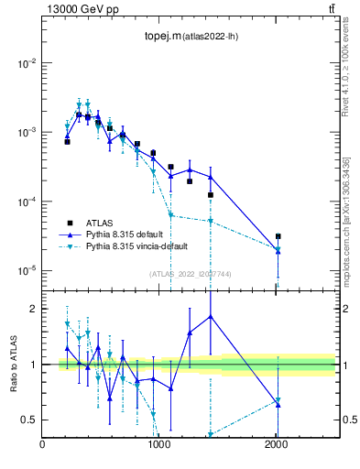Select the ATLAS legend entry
(x=101, y=222)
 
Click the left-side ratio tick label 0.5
(x=29, y=420)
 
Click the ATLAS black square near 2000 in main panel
(x=278, y=236)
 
